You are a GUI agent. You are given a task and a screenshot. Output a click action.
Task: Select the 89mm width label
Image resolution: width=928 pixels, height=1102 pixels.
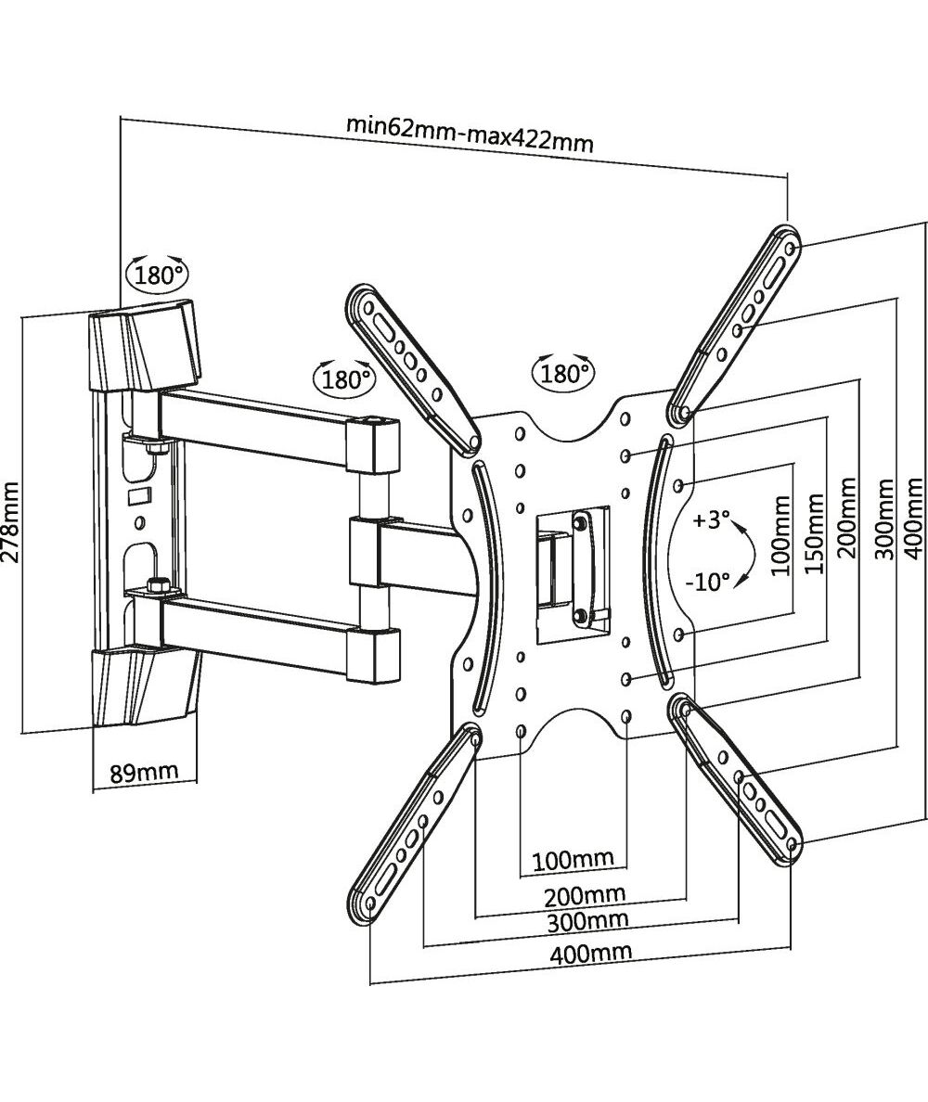pos(144,773)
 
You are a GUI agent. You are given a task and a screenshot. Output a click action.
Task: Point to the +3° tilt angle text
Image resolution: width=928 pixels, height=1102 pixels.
pos(712,520)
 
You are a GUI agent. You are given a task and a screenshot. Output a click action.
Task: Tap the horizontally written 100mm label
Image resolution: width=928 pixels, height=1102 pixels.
pos(574,859)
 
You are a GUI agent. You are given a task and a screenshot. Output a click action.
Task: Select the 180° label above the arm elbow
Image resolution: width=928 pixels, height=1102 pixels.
pos(346,378)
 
